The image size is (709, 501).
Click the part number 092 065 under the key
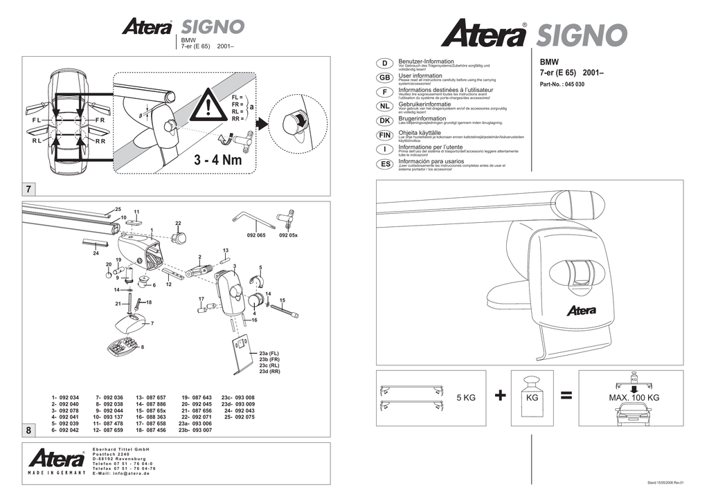(255, 235)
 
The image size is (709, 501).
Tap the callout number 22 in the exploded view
(178, 223)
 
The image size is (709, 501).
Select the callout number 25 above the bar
(118, 209)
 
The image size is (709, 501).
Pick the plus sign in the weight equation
(501, 396)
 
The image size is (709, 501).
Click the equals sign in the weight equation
(566, 396)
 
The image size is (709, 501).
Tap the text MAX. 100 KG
(634, 398)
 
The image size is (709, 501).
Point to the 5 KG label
(466, 398)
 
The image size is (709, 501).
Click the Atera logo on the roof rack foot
(581, 310)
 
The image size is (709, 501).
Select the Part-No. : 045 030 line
(562, 84)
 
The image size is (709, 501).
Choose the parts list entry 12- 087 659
(108, 430)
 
